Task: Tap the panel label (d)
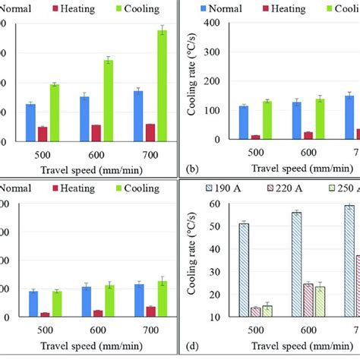192,346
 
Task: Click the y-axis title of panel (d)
199,258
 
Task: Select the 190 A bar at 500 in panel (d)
243,270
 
